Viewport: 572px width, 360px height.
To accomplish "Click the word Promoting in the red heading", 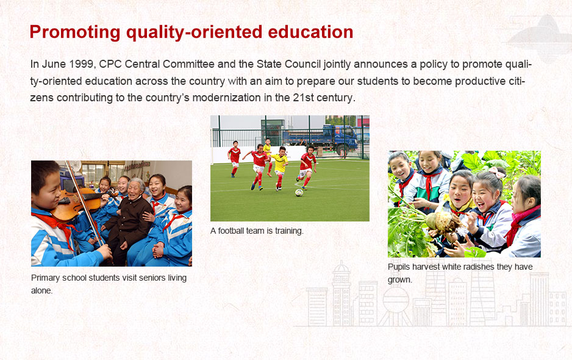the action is pos(75,32).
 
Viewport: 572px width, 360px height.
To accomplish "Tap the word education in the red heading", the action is pos(310,32).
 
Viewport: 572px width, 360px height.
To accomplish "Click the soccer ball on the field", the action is pos(299,192).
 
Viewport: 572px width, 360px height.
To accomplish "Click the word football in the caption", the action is pos(231,231).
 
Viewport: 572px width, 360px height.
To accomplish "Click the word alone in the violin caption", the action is pos(41,290).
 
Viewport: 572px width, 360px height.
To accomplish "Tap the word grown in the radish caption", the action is pos(400,280).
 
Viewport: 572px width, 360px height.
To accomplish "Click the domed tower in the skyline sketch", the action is pos(341,292).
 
